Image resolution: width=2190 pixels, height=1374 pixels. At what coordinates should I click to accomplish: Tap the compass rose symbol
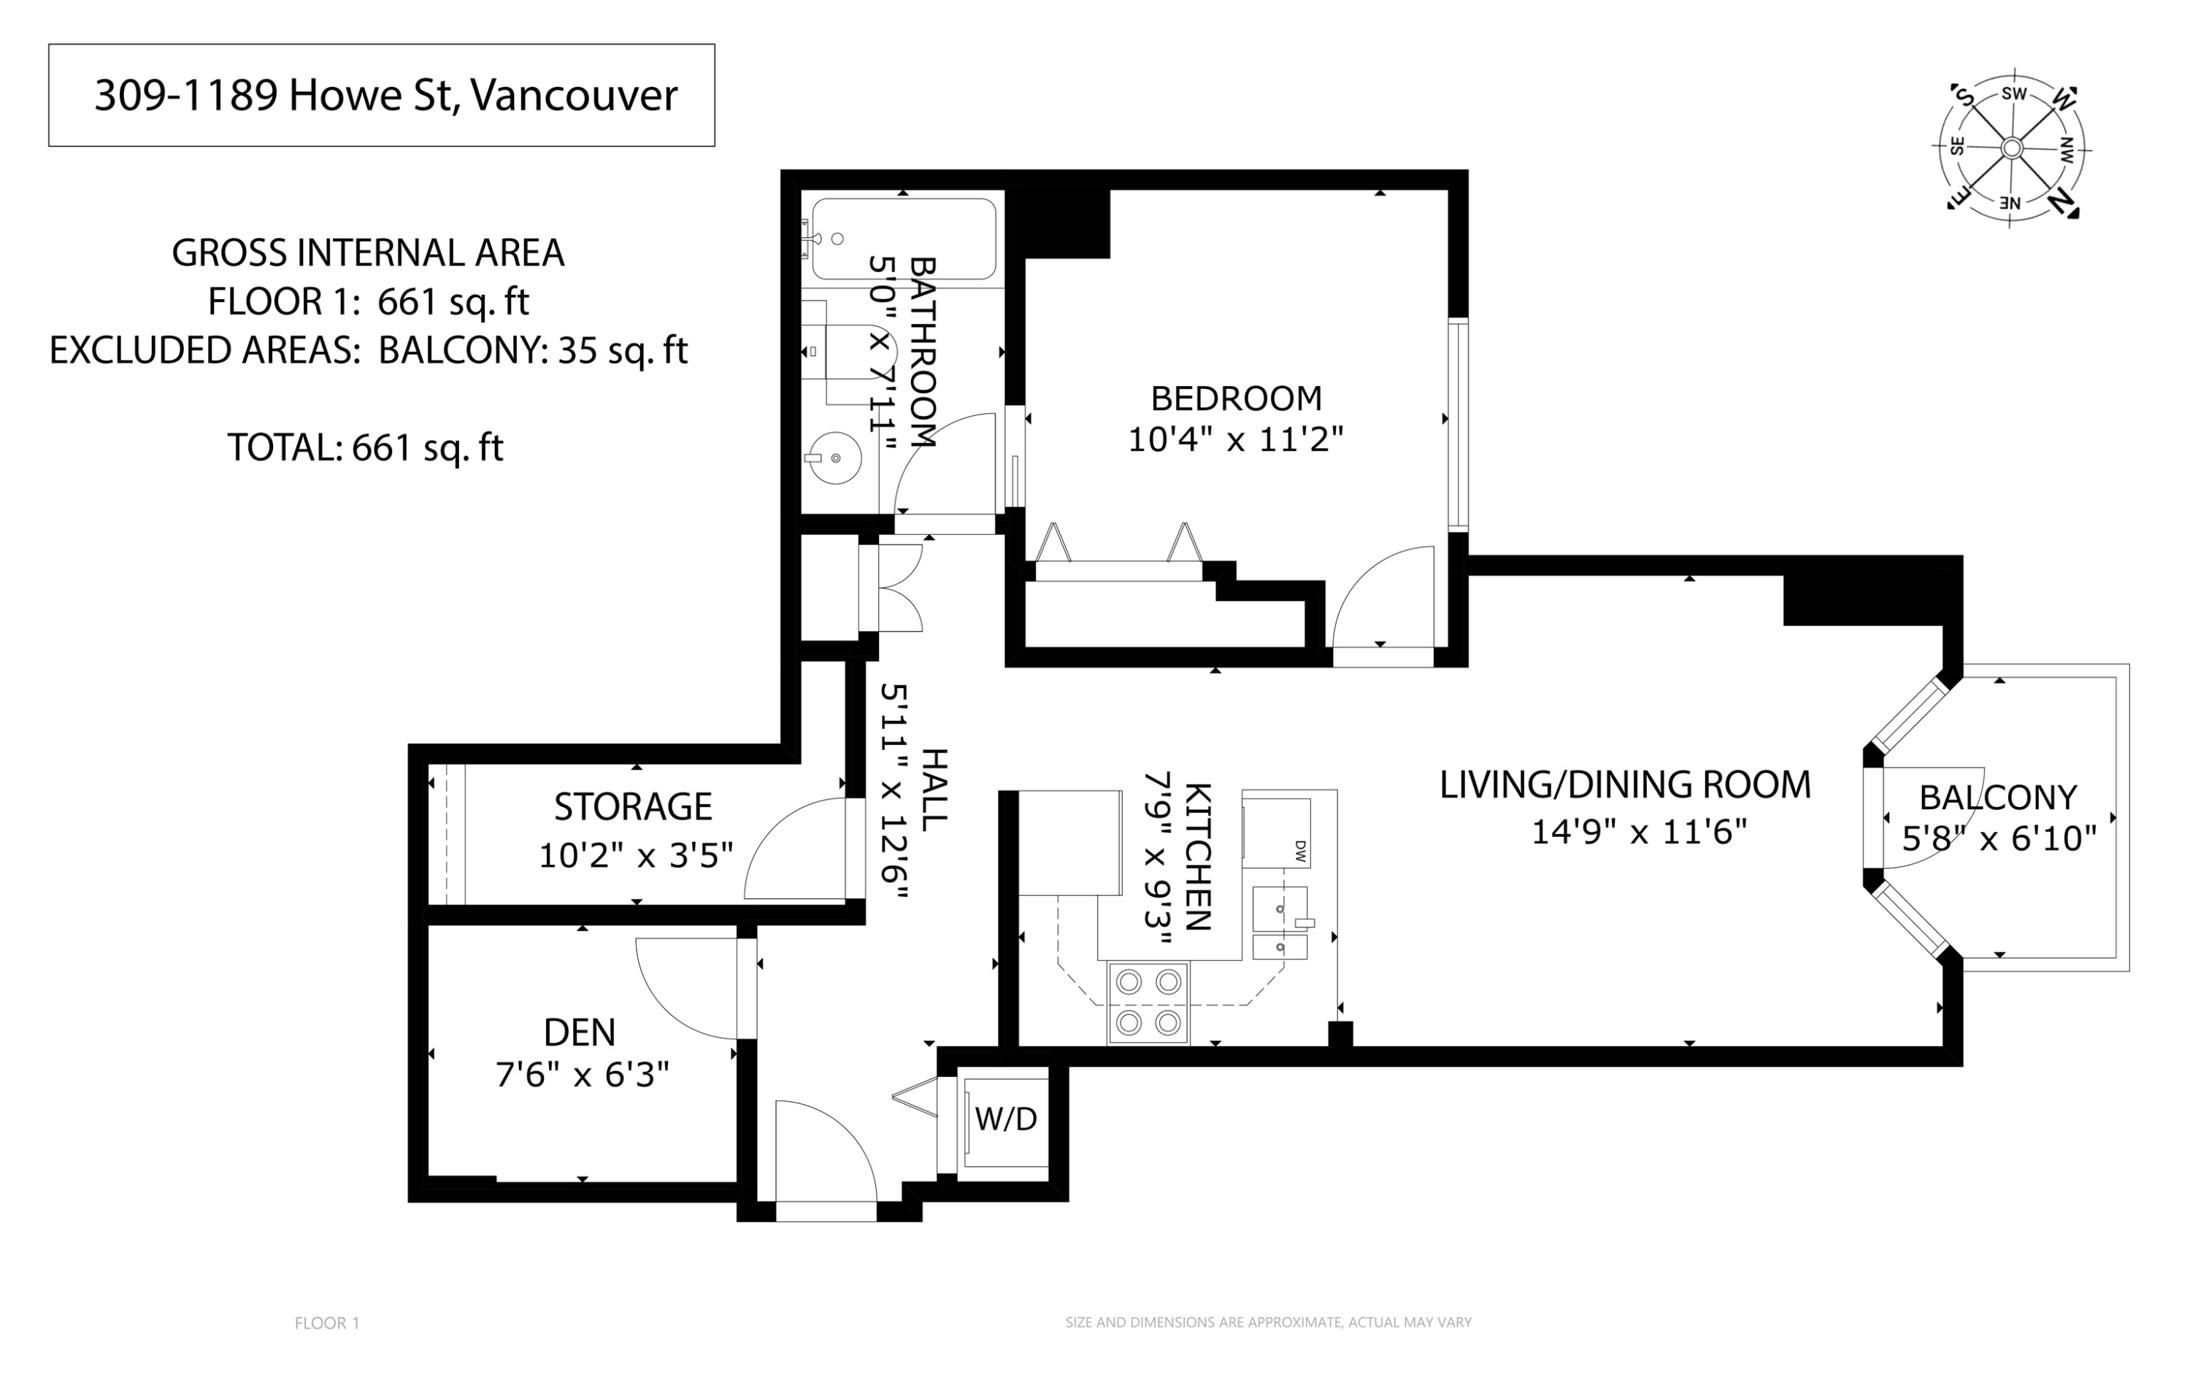pyautogui.click(x=2011, y=148)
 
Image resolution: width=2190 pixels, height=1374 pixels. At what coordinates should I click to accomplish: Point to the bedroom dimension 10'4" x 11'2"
pyautogui.click(x=1235, y=441)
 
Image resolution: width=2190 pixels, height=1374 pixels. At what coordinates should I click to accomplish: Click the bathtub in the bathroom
pyautogui.click(x=903, y=239)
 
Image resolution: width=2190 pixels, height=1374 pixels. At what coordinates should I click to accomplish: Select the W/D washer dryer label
pyautogui.click(x=1005, y=1119)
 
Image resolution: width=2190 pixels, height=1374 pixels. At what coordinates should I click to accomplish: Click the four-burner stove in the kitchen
pyautogui.click(x=1148, y=1003)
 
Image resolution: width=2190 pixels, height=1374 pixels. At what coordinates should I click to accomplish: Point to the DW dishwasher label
pyautogui.click(x=1299, y=851)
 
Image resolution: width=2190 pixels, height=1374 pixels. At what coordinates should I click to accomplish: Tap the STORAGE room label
pyautogui.click(x=633, y=807)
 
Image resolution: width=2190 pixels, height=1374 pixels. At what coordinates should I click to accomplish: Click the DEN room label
pyautogui.click(x=579, y=1033)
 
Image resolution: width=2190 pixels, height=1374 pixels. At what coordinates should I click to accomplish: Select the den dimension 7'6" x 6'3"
pyautogui.click(x=582, y=1075)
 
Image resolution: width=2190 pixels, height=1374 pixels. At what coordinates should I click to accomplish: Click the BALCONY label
pyautogui.click(x=1997, y=798)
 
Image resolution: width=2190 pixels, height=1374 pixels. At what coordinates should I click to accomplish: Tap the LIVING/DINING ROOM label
pyautogui.click(x=1624, y=785)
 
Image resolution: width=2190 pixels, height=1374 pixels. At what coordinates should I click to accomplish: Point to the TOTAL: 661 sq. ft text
pyautogui.click(x=364, y=447)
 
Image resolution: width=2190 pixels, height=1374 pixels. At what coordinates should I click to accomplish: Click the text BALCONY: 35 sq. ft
pyautogui.click(x=533, y=350)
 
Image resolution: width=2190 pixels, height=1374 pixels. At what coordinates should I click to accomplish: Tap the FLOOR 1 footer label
pyautogui.click(x=327, y=1323)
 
